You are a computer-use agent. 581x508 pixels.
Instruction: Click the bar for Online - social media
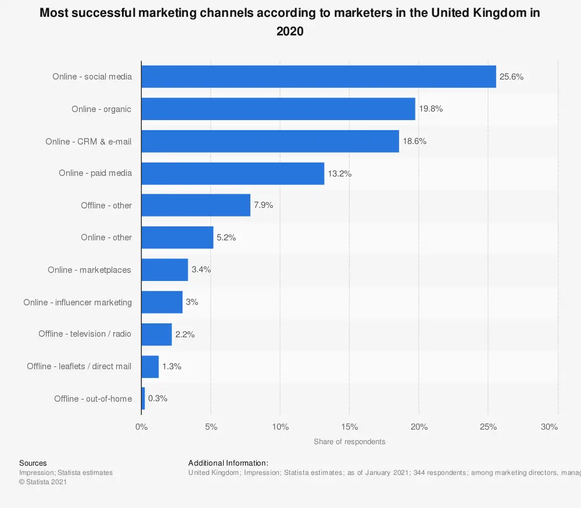318,77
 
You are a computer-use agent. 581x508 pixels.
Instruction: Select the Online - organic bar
278,109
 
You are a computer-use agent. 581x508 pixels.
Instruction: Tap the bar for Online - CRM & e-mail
270,141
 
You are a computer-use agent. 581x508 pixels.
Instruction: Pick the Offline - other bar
196,206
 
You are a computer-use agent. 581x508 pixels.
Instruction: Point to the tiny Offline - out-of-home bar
143,398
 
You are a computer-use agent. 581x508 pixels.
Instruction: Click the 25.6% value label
512,77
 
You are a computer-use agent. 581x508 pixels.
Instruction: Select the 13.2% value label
340,174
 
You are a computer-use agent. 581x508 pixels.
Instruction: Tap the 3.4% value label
201,269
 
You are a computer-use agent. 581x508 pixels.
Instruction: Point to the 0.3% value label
158,398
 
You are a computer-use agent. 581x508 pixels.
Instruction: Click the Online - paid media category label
95,173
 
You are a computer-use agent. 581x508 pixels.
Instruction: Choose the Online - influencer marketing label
77,302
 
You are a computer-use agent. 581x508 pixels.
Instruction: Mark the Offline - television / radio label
85,334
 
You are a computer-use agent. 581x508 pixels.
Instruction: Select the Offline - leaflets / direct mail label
79,366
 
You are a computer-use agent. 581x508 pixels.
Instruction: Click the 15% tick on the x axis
349,427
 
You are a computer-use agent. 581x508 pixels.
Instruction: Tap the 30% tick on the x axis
549,427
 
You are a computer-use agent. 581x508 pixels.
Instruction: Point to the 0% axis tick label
141,427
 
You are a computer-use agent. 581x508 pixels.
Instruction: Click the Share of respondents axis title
349,442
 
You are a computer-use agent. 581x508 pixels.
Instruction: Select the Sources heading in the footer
33,463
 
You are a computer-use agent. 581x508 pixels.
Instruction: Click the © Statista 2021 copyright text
44,482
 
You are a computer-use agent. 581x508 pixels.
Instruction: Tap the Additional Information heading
228,463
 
